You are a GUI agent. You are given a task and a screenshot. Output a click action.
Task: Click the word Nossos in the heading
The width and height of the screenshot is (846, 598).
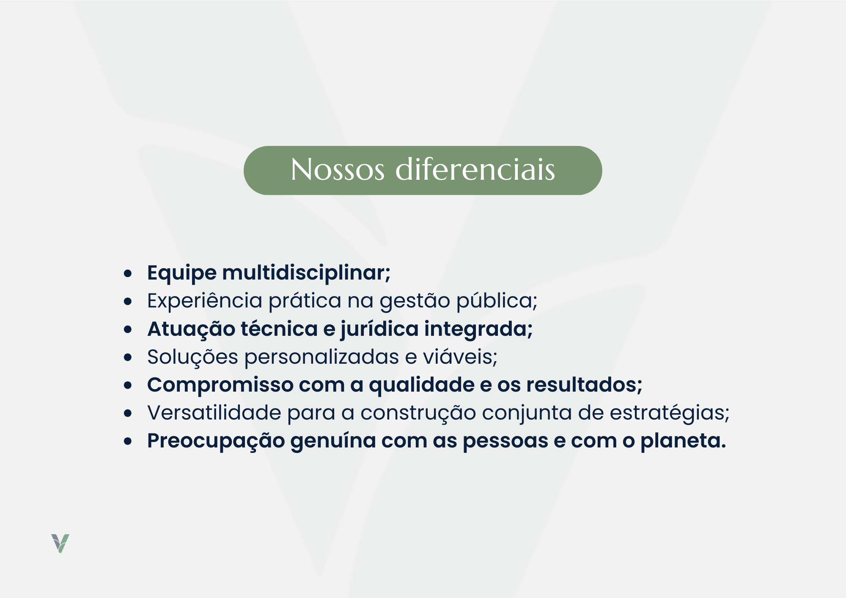(338, 170)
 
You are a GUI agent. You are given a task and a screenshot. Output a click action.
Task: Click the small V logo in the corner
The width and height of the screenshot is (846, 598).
(60, 543)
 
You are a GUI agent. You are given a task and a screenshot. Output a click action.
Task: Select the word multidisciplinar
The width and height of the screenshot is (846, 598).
(306, 273)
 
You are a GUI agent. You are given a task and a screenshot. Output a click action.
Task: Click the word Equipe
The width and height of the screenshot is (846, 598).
(182, 273)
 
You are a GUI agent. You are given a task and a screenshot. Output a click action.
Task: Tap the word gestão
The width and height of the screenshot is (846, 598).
(415, 301)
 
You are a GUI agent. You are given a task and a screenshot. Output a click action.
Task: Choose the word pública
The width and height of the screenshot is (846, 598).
(497, 301)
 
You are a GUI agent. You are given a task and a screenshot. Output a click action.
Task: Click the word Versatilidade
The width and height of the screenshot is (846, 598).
(214, 413)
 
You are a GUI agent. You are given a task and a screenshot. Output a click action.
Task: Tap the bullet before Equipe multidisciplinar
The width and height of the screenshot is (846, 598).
(128, 274)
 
